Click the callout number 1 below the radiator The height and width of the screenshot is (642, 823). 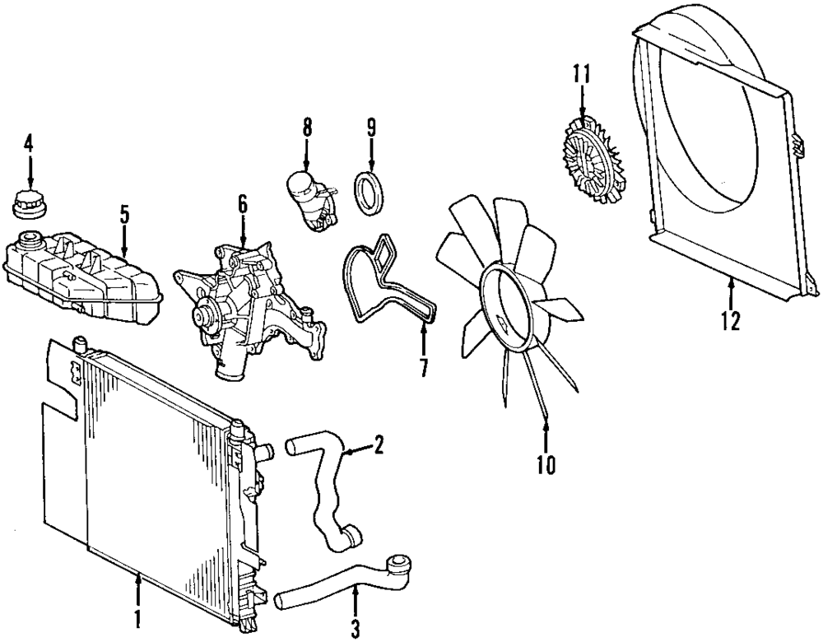pos(138,616)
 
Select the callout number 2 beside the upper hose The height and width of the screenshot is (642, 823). pos(378,447)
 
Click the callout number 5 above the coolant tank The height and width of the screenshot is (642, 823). pos(123,215)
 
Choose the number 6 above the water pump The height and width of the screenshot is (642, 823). pos(243,203)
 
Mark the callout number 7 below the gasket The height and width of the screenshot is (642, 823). pos(423,366)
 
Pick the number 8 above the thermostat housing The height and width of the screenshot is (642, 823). pos(306,128)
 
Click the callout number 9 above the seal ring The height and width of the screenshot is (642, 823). pos(371,128)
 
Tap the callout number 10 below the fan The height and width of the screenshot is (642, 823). pos(546,466)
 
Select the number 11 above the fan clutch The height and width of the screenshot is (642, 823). pos(582,75)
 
